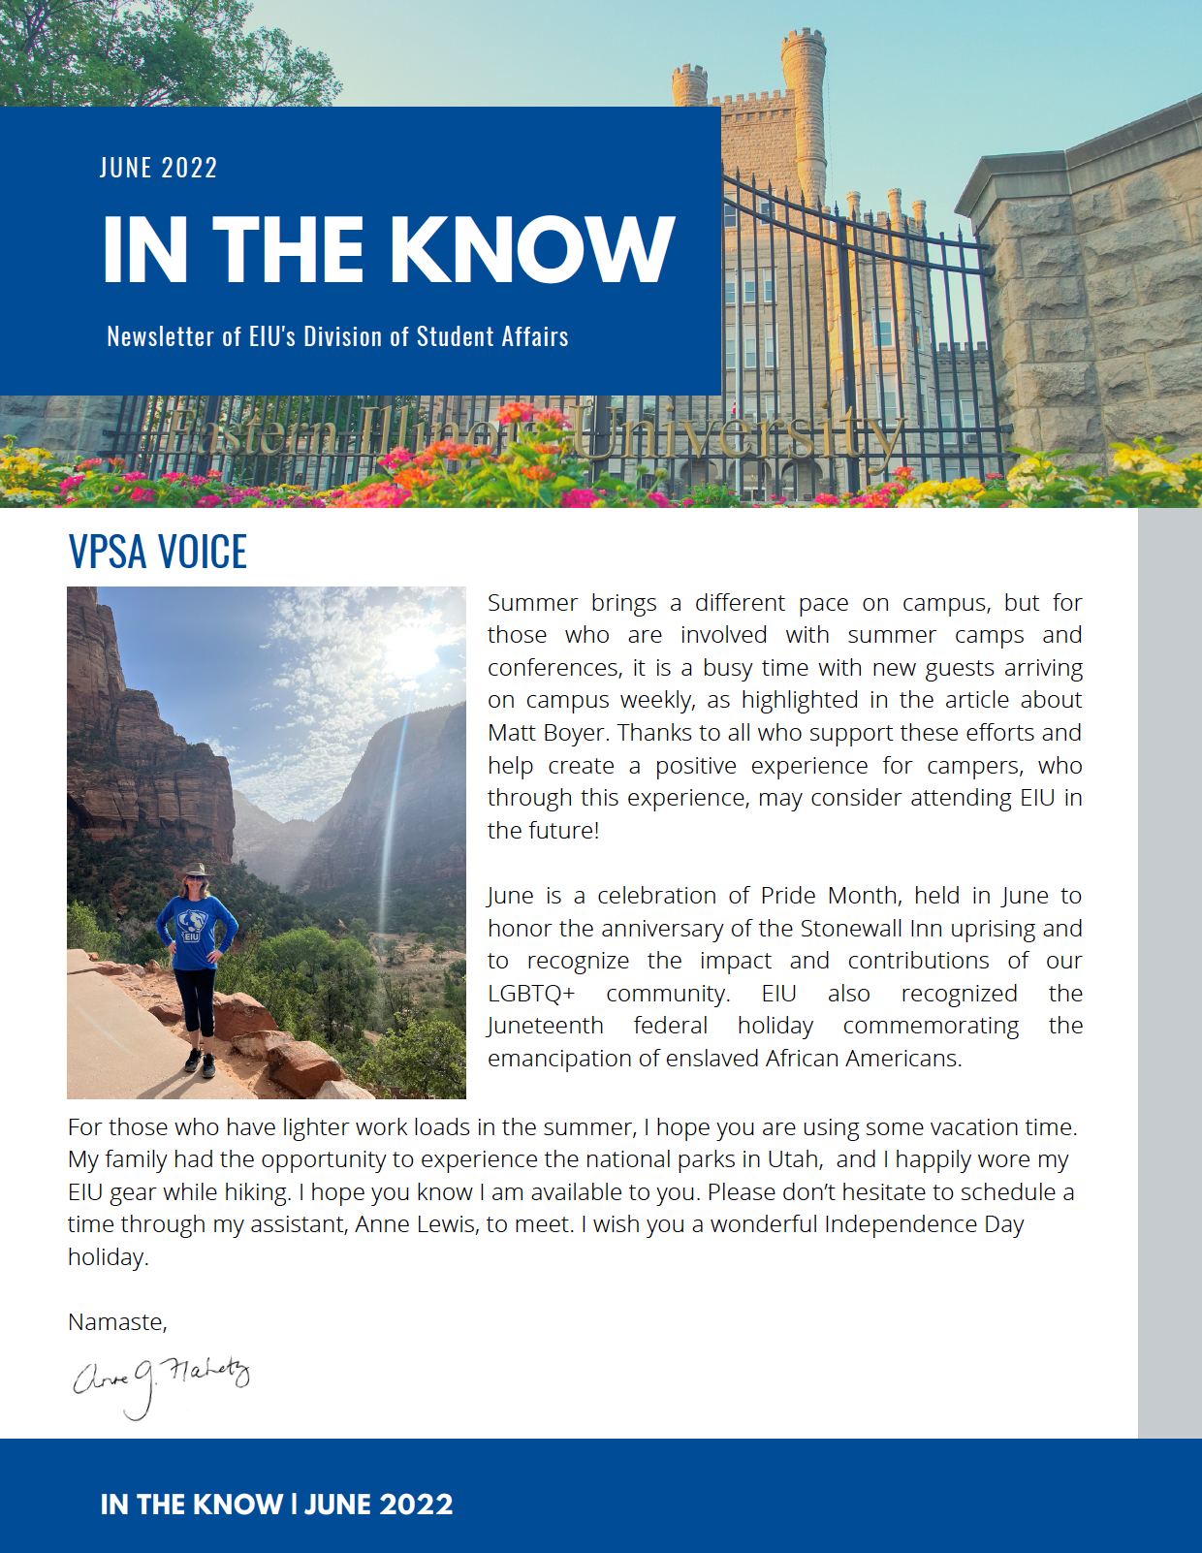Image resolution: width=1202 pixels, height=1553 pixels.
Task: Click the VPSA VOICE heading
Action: (x=158, y=552)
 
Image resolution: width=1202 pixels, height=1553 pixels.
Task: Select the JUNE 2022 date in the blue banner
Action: (x=159, y=168)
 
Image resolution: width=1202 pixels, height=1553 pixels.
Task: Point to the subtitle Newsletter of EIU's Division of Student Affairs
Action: (x=337, y=336)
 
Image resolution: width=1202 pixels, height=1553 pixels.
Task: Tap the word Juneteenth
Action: (x=546, y=1026)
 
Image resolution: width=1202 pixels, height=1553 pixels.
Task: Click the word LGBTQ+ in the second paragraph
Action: (x=531, y=994)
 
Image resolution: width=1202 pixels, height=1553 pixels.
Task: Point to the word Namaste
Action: (x=117, y=1322)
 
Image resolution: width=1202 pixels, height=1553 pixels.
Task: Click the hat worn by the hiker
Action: (x=196, y=870)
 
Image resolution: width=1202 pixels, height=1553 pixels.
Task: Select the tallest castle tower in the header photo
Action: (x=804, y=107)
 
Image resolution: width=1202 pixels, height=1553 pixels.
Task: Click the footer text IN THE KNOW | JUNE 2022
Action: (x=277, y=1505)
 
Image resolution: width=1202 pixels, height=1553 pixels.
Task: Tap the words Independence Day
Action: (x=924, y=1224)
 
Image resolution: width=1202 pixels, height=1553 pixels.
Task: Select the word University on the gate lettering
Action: (x=737, y=434)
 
